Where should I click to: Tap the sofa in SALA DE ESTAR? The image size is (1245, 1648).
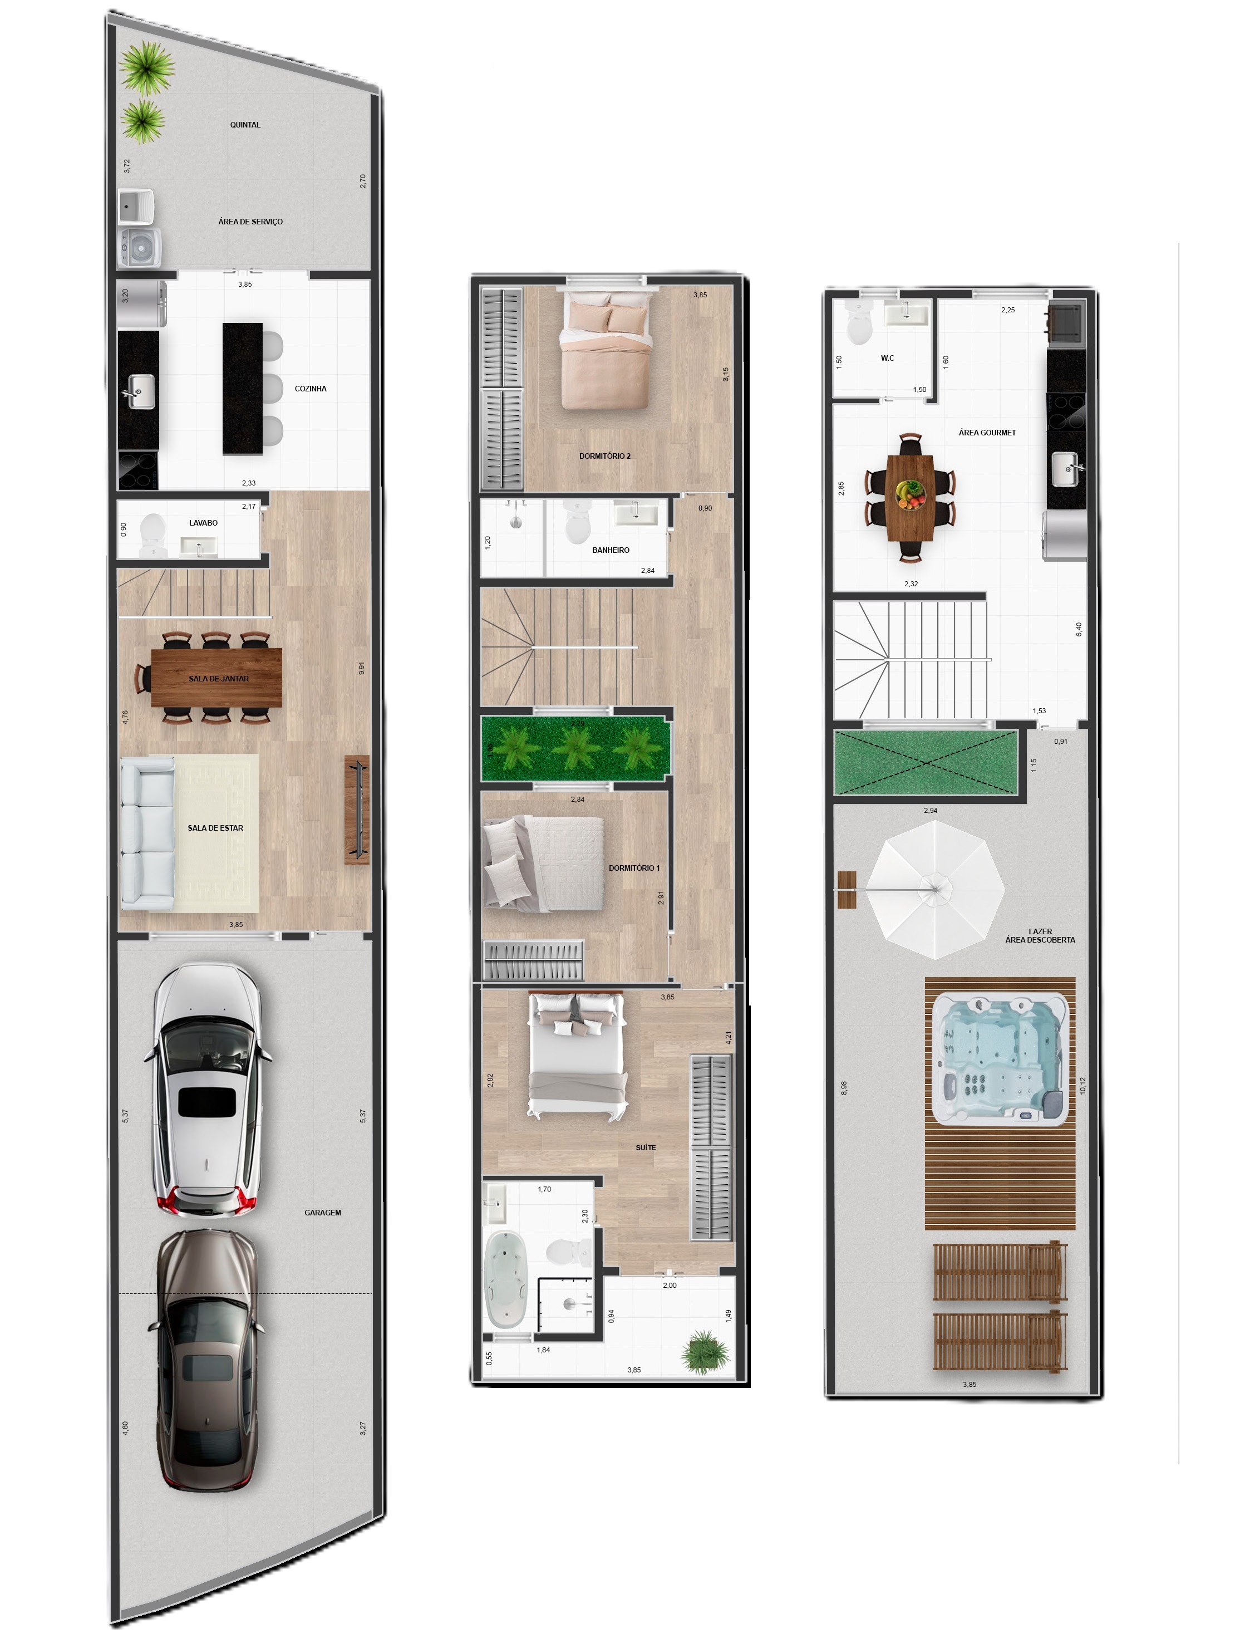tap(147, 832)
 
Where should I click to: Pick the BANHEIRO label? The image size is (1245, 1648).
tap(611, 550)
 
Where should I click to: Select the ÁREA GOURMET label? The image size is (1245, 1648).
tap(987, 433)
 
